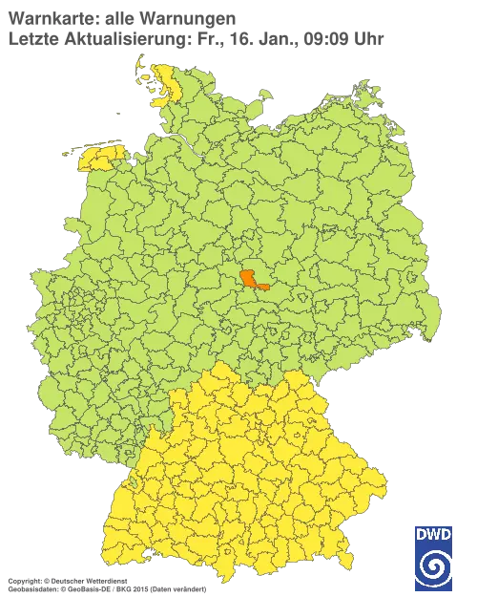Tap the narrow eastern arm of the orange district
coord(265,285)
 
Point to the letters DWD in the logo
coord(433,533)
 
